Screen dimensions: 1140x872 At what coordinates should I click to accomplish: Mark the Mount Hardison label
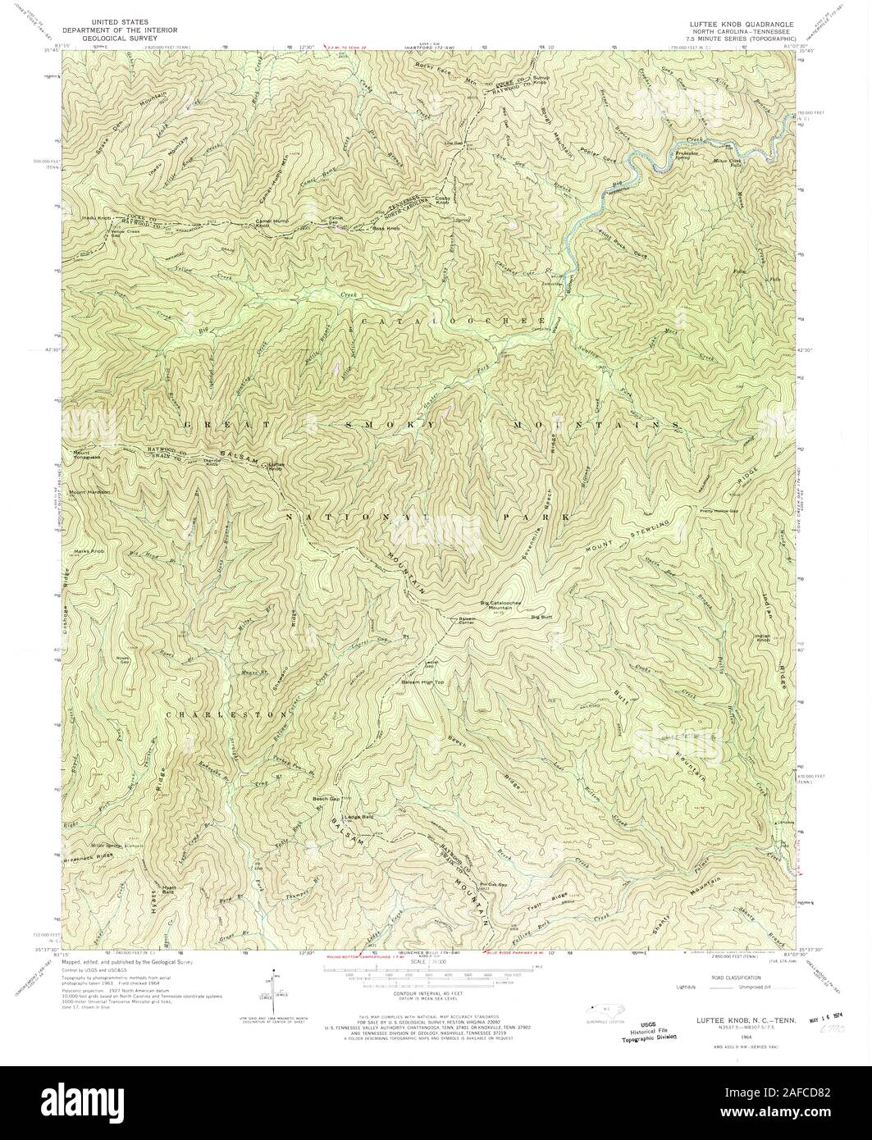pos(89,492)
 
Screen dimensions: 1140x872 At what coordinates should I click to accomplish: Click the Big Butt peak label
pos(543,616)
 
